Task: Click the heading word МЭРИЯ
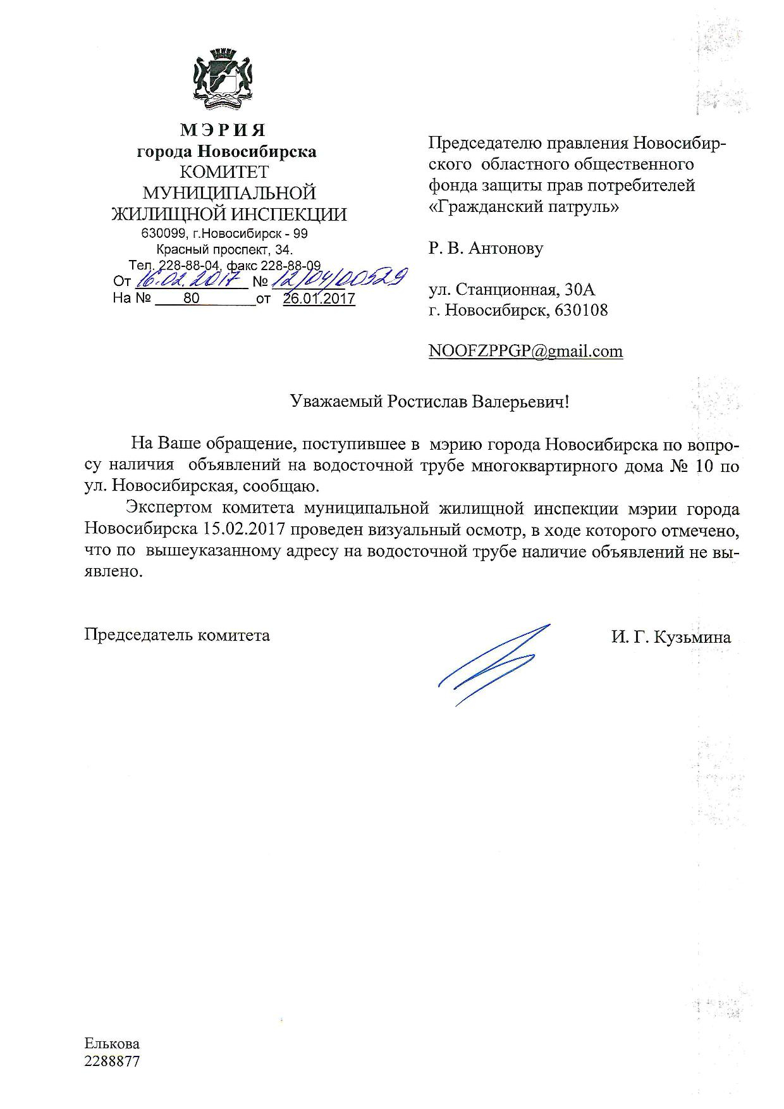click(223, 130)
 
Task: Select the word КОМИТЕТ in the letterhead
click(224, 172)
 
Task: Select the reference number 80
click(191, 298)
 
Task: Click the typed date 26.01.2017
click(319, 299)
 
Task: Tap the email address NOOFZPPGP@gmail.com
click(525, 351)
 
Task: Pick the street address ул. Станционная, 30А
click(512, 290)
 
